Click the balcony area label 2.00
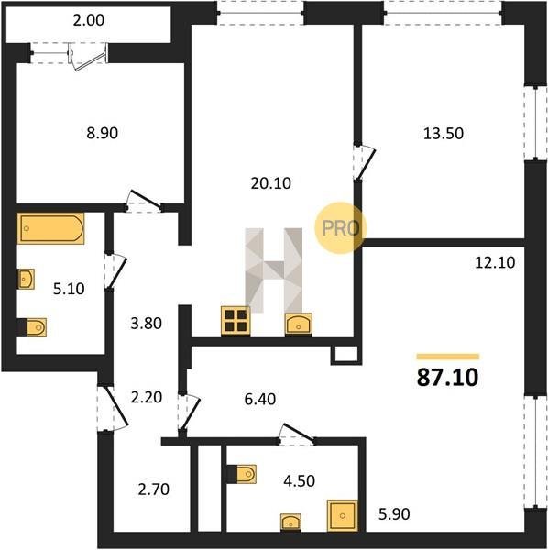click(88, 20)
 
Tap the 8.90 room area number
click(102, 133)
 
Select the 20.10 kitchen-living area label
click(270, 183)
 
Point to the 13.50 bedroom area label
click(444, 134)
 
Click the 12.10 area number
click(495, 262)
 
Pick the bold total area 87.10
click(447, 378)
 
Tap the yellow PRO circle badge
click(341, 227)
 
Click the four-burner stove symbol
click(236, 321)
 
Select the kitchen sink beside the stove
click(299, 324)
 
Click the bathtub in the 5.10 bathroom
click(50, 228)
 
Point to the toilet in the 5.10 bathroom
click(32, 327)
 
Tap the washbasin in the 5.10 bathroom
click(26, 279)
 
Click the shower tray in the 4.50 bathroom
click(342, 515)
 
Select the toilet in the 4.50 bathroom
click(242, 474)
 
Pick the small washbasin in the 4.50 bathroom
click(290, 522)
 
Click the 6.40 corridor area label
click(260, 399)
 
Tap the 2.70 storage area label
click(154, 489)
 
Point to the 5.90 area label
click(394, 514)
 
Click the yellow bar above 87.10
click(448, 357)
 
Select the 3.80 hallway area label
click(147, 324)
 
